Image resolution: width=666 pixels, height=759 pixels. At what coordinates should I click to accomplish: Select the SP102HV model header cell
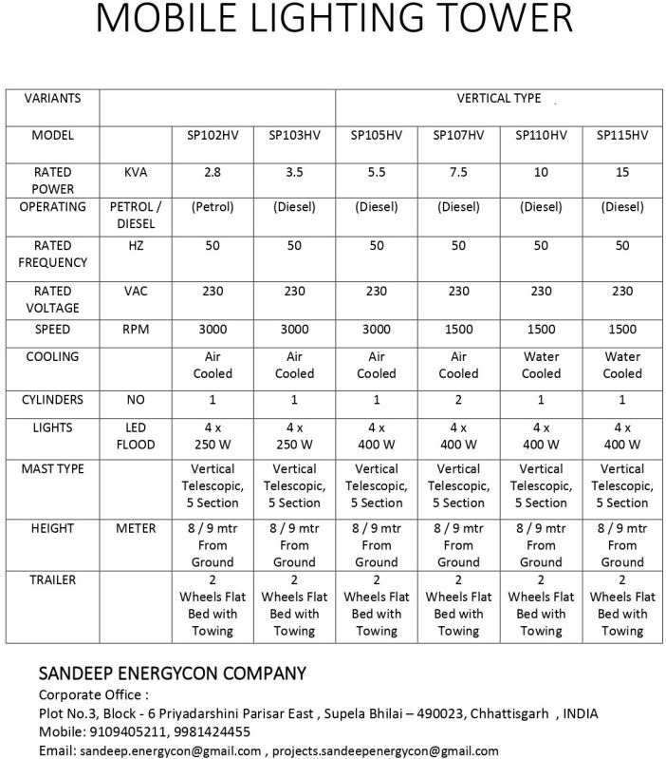coord(213,136)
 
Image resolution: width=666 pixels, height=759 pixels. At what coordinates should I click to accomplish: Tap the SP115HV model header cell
coord(621,136)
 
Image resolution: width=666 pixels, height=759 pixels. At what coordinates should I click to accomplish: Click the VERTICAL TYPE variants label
coord(498,99)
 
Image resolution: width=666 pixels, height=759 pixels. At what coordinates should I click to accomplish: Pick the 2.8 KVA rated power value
coord(213,173)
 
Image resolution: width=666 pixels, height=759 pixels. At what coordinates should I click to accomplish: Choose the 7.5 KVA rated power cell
coord(458,173)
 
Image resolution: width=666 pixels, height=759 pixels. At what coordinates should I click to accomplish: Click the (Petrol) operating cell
coord(213,207)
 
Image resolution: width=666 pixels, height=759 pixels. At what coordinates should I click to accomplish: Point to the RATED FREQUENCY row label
coord(52,254)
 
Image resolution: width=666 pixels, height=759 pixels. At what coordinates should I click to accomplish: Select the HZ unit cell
coord(136,246)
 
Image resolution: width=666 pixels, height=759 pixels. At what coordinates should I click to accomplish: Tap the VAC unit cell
coord(136,292)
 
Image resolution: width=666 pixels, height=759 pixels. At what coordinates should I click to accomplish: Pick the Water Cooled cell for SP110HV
coord(541,365)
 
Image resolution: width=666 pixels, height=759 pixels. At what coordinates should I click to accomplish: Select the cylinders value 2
coord(458,400)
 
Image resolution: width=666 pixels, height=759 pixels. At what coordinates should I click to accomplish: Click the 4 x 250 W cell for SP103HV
coord(294,436)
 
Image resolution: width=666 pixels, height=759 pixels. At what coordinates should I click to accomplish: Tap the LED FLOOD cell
coord(136,436)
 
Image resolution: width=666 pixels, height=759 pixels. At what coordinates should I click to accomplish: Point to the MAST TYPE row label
coord(52,469)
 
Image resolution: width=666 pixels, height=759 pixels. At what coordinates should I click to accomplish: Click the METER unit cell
coord(136,528)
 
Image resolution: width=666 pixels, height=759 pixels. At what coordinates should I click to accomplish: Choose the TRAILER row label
coord(52,579)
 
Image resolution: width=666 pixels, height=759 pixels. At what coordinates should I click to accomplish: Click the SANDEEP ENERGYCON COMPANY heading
coord(172,674)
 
